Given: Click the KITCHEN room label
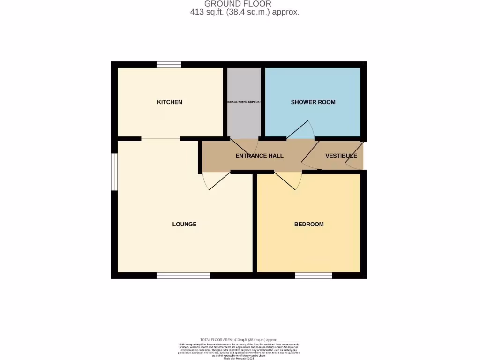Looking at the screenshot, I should [169, 102].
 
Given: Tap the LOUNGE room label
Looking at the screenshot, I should [184, 224].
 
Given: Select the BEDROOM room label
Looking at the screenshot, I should [309, 224].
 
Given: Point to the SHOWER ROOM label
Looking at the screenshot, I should [313, 102].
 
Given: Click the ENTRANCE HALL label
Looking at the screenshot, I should [259, 156].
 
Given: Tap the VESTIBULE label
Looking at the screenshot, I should [341, 156].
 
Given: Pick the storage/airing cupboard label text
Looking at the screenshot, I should [244, 102].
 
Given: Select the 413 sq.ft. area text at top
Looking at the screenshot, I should [244, 13].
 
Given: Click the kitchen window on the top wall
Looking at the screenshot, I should [169, 65].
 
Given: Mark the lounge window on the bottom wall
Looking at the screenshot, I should [183, 276].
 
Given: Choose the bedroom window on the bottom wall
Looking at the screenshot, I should [314, 276].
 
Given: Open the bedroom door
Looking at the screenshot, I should [288, 180].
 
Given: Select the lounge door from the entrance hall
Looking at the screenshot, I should [216, 181].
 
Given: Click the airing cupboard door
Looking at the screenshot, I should [244, 145].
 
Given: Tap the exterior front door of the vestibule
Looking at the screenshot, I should [355, 159].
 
